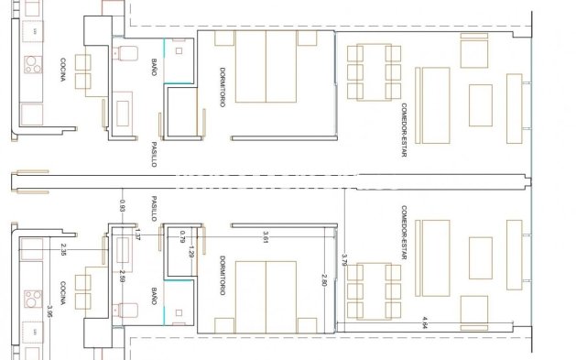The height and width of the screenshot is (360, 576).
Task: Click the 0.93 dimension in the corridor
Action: [123, 205]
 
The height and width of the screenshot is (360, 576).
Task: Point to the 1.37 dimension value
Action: [137, 236]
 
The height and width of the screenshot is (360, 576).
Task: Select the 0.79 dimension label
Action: [183, 235]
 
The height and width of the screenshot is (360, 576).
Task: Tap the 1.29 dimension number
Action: [191, 249]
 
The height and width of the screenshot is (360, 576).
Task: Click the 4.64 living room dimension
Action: [425, 322]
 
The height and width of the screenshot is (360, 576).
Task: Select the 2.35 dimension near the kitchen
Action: [63, 250]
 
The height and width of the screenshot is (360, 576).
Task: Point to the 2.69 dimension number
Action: [123, 277]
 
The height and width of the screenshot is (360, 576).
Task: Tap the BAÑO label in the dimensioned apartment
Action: [153, 297]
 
